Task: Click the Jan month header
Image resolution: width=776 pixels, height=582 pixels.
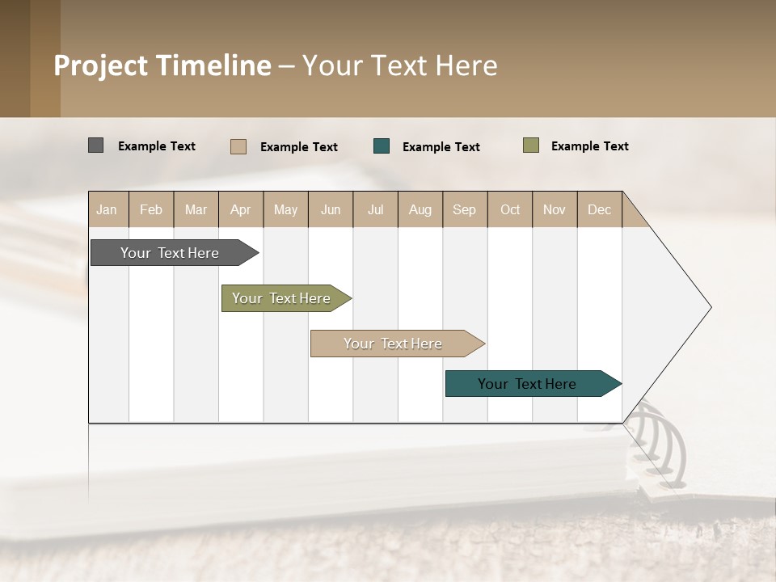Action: [107, 209]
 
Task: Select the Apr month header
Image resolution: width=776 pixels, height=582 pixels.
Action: [241, 209]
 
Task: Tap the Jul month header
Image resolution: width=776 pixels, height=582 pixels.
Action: [376, 209]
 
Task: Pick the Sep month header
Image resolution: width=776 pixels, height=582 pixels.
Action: [464, 209]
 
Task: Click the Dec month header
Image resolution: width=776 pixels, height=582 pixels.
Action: [599, 209]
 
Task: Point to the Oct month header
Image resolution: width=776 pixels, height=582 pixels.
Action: [510, 209]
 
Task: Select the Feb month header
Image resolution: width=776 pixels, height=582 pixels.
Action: [151, 209]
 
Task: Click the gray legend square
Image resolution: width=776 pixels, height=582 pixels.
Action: [95, 145]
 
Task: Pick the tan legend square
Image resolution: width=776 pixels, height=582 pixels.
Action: [238, 146]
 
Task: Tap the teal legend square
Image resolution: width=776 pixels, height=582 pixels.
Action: [382, 146]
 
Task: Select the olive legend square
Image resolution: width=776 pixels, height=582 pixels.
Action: [530, 145]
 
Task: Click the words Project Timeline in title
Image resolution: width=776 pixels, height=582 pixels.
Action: [162, 65]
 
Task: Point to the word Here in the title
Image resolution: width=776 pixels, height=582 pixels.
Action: [466, 65]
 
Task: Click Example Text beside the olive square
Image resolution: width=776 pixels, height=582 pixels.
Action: [589, 145]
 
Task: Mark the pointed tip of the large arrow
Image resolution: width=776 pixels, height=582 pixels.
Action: [710, 307]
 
